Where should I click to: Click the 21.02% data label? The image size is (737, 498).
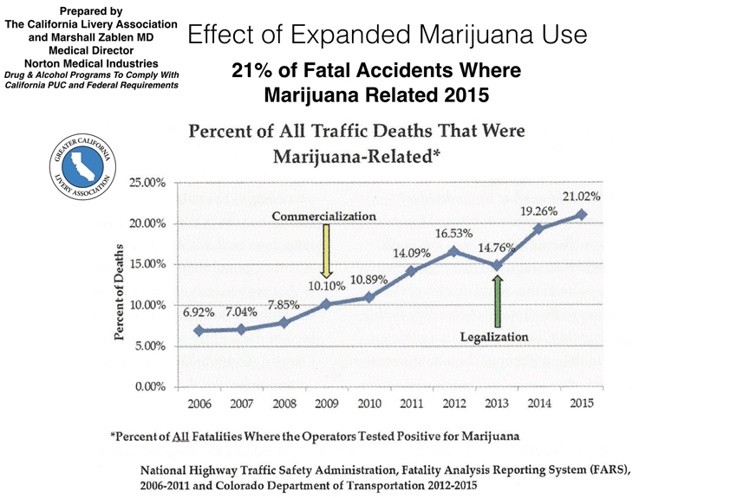pos(581,197)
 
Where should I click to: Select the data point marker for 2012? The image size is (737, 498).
pos(453,251)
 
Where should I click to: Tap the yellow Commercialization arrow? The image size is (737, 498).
pos(326,249)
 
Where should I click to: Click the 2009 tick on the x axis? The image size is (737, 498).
pos(326,403)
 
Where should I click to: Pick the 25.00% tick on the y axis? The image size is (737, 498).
pos(147,183)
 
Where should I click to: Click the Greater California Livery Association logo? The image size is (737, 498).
pos(82,167)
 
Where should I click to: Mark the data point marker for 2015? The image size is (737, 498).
pos(581,215)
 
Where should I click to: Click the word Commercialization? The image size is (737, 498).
pos(324,215)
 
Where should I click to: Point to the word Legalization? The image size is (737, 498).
pos(494,336)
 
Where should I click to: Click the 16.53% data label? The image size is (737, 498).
pos(453,233)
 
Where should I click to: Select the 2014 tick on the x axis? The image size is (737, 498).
pos(538,403)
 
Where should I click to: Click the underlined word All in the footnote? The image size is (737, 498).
pos(182,437)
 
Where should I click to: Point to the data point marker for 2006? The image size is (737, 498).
pos(199,330)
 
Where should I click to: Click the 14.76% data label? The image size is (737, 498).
pos(499,247)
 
